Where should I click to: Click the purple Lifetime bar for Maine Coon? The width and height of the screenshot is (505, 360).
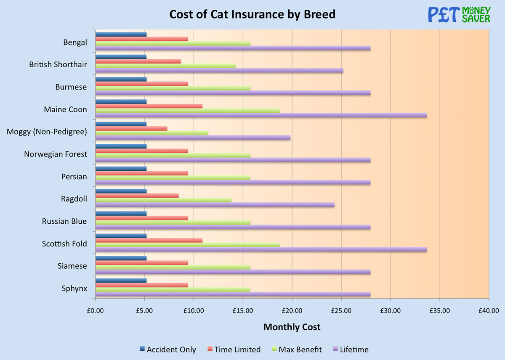click(261, 115)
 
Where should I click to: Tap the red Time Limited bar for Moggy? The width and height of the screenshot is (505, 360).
click(131, 128)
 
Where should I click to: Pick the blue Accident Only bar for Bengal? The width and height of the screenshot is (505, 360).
click(121, 34)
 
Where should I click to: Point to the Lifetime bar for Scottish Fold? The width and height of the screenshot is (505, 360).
click(261, 249)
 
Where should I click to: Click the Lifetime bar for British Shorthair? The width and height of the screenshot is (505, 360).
click(219, 70)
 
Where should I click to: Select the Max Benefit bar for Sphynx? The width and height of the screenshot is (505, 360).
click(173, 289)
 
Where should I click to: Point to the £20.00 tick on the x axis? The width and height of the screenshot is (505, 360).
click(292, 312)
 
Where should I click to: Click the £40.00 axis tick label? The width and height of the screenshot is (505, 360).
click(489, 312)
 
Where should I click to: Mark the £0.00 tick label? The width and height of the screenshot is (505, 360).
click(96, 312)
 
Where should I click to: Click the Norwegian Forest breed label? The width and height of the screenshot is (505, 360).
click(56, 154)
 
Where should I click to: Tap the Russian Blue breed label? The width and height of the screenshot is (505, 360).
click(64, 221)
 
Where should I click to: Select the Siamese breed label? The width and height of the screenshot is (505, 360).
click(72, 266)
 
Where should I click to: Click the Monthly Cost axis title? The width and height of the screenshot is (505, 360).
click(292, 327)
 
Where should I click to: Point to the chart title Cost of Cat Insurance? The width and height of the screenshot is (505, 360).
click(252, 14)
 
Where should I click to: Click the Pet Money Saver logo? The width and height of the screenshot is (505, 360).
click(459, 14)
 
